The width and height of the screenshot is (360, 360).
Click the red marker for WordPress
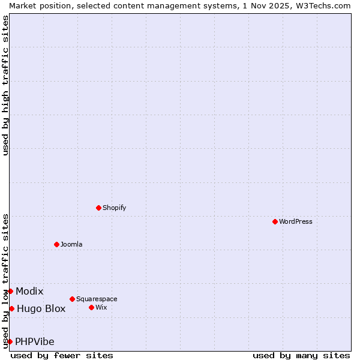[x=275, y=221]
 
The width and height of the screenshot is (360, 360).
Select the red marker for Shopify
[x=98, y=208]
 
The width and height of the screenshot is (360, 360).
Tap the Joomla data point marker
[x=57, y=244]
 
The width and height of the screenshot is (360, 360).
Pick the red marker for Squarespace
[x=72, y=299]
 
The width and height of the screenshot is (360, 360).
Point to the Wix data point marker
[x=91, y=307]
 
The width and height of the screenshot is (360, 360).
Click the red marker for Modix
[x=10, y=291]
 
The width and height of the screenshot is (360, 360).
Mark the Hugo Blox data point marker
[x=11, y=308]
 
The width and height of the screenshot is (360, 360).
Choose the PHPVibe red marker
[x=10, y=341]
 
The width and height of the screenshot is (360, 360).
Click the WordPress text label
[x=296, y=221]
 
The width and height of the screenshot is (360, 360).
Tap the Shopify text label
[x=114, y=208]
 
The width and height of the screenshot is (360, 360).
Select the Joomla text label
[x=71, y=244]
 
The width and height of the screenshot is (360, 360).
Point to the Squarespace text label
[x=97, y=299]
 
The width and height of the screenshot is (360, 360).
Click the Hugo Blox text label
[x=41, y=309]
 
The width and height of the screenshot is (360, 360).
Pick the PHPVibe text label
[x=35, y=342]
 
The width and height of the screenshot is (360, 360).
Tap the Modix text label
[x=29, y=292]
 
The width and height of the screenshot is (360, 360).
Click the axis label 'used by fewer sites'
[x=62, y=356]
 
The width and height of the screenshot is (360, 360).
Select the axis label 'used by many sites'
[x=301, y=356]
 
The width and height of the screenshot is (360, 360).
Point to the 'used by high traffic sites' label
[x=5, y=85]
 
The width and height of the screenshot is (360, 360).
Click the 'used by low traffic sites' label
[x=5, y=281]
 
